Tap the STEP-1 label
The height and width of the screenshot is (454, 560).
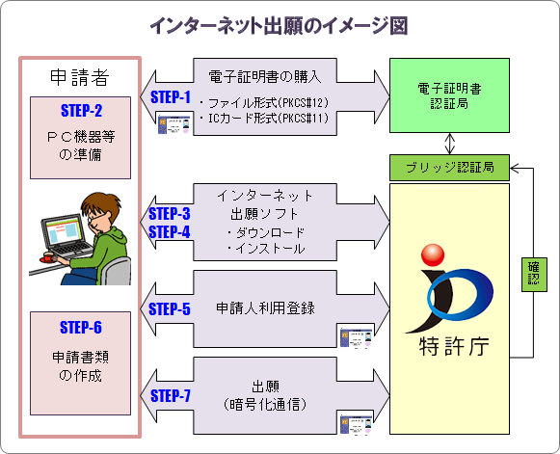coord(173,96)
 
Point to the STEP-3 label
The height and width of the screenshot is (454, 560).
coord(171,214)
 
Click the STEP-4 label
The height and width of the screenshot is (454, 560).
coord(171,231)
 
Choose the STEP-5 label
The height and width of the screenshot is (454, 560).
coord(171,309)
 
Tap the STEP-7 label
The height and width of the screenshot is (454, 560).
coord(171,395)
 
